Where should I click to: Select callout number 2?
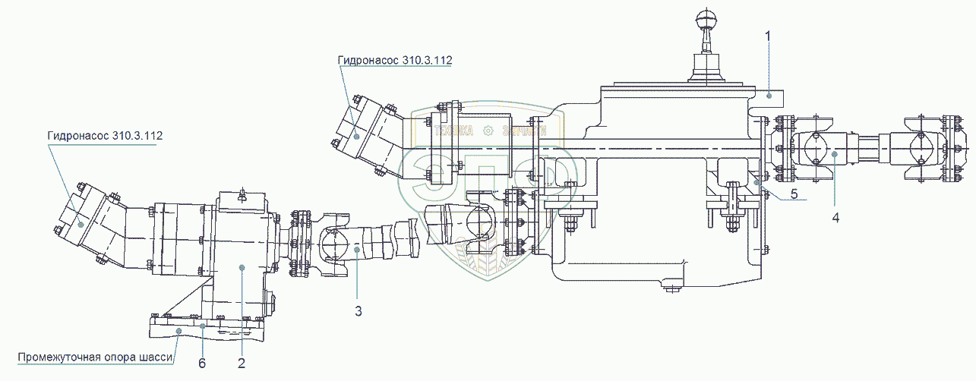242,363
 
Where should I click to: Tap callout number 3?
358,310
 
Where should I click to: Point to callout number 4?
835,217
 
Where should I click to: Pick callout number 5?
794,194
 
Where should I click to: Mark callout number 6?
202,363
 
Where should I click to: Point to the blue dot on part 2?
242,266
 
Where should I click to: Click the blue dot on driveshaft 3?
357,249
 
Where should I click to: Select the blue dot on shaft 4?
834,154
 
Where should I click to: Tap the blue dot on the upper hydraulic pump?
357,136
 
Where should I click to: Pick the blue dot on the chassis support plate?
178,331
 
